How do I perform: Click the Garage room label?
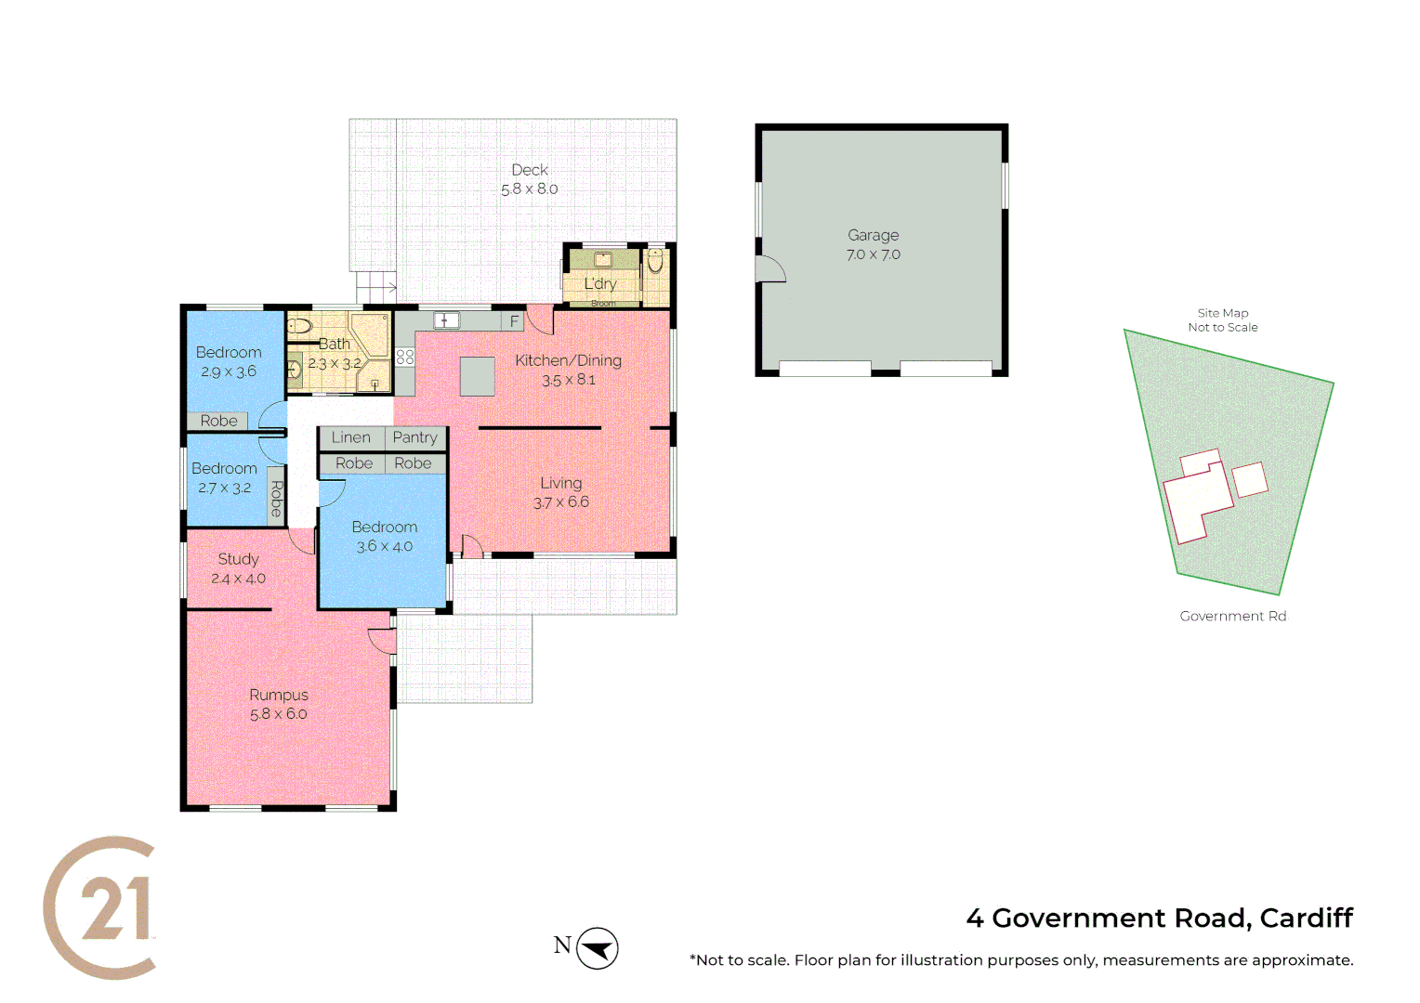point(873,236)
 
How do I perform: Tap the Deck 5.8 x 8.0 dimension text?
point(530,189)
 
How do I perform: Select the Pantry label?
point(414,437)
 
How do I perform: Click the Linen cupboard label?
point(350,437)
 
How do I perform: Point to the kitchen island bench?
point(478,376)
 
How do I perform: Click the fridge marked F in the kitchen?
point(514,321)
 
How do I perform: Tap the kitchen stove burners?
point(404,357)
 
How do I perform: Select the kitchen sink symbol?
point(446,320)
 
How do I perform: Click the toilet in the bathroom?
point(299,326)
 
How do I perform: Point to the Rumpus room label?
point(278,695)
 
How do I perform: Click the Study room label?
point(238,559)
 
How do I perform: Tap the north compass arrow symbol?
point(597,948)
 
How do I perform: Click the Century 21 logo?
point(100,907)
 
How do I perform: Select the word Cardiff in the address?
point(1306,918)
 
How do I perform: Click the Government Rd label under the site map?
point(1232,616)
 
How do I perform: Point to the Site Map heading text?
point(1222,313)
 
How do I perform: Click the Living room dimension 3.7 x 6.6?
point(560,502)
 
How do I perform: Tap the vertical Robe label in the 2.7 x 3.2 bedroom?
point(276,499)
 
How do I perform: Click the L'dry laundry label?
point(600,283)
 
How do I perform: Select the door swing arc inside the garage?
point(771,269)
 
